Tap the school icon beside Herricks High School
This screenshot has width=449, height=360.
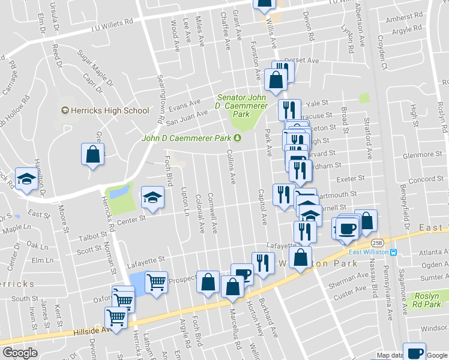click(65, 110)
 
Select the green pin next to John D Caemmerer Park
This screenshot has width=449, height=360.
click(238, 138)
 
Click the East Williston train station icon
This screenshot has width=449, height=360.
click(393, 252)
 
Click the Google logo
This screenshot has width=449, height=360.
click(20, 353)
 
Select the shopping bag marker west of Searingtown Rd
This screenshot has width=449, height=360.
click(93, 154)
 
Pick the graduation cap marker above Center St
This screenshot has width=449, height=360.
click(152, 197)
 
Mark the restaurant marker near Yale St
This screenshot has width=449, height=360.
click(289, 109)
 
